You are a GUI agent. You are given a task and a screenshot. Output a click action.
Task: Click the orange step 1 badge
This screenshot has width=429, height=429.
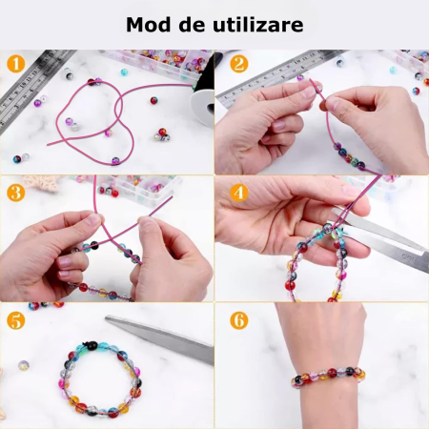(x=16, y=66)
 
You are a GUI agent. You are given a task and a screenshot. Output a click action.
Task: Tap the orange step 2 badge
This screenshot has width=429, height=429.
(x=238, y=65)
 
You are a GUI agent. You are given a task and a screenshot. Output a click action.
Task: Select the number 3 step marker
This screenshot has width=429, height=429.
(x=16, y=193)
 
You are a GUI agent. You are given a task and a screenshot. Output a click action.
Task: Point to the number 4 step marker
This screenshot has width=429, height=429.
(x=238, y=193)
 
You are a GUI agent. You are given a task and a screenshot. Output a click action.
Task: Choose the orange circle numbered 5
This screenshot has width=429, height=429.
(x=16, y=320)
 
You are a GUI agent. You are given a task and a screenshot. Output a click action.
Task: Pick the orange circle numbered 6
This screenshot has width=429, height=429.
(x=238, y=320)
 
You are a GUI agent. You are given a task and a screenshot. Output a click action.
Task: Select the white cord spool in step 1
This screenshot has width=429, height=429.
(x=203, y=103)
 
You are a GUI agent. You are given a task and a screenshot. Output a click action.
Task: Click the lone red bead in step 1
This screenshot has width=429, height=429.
(x=153, y=99)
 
